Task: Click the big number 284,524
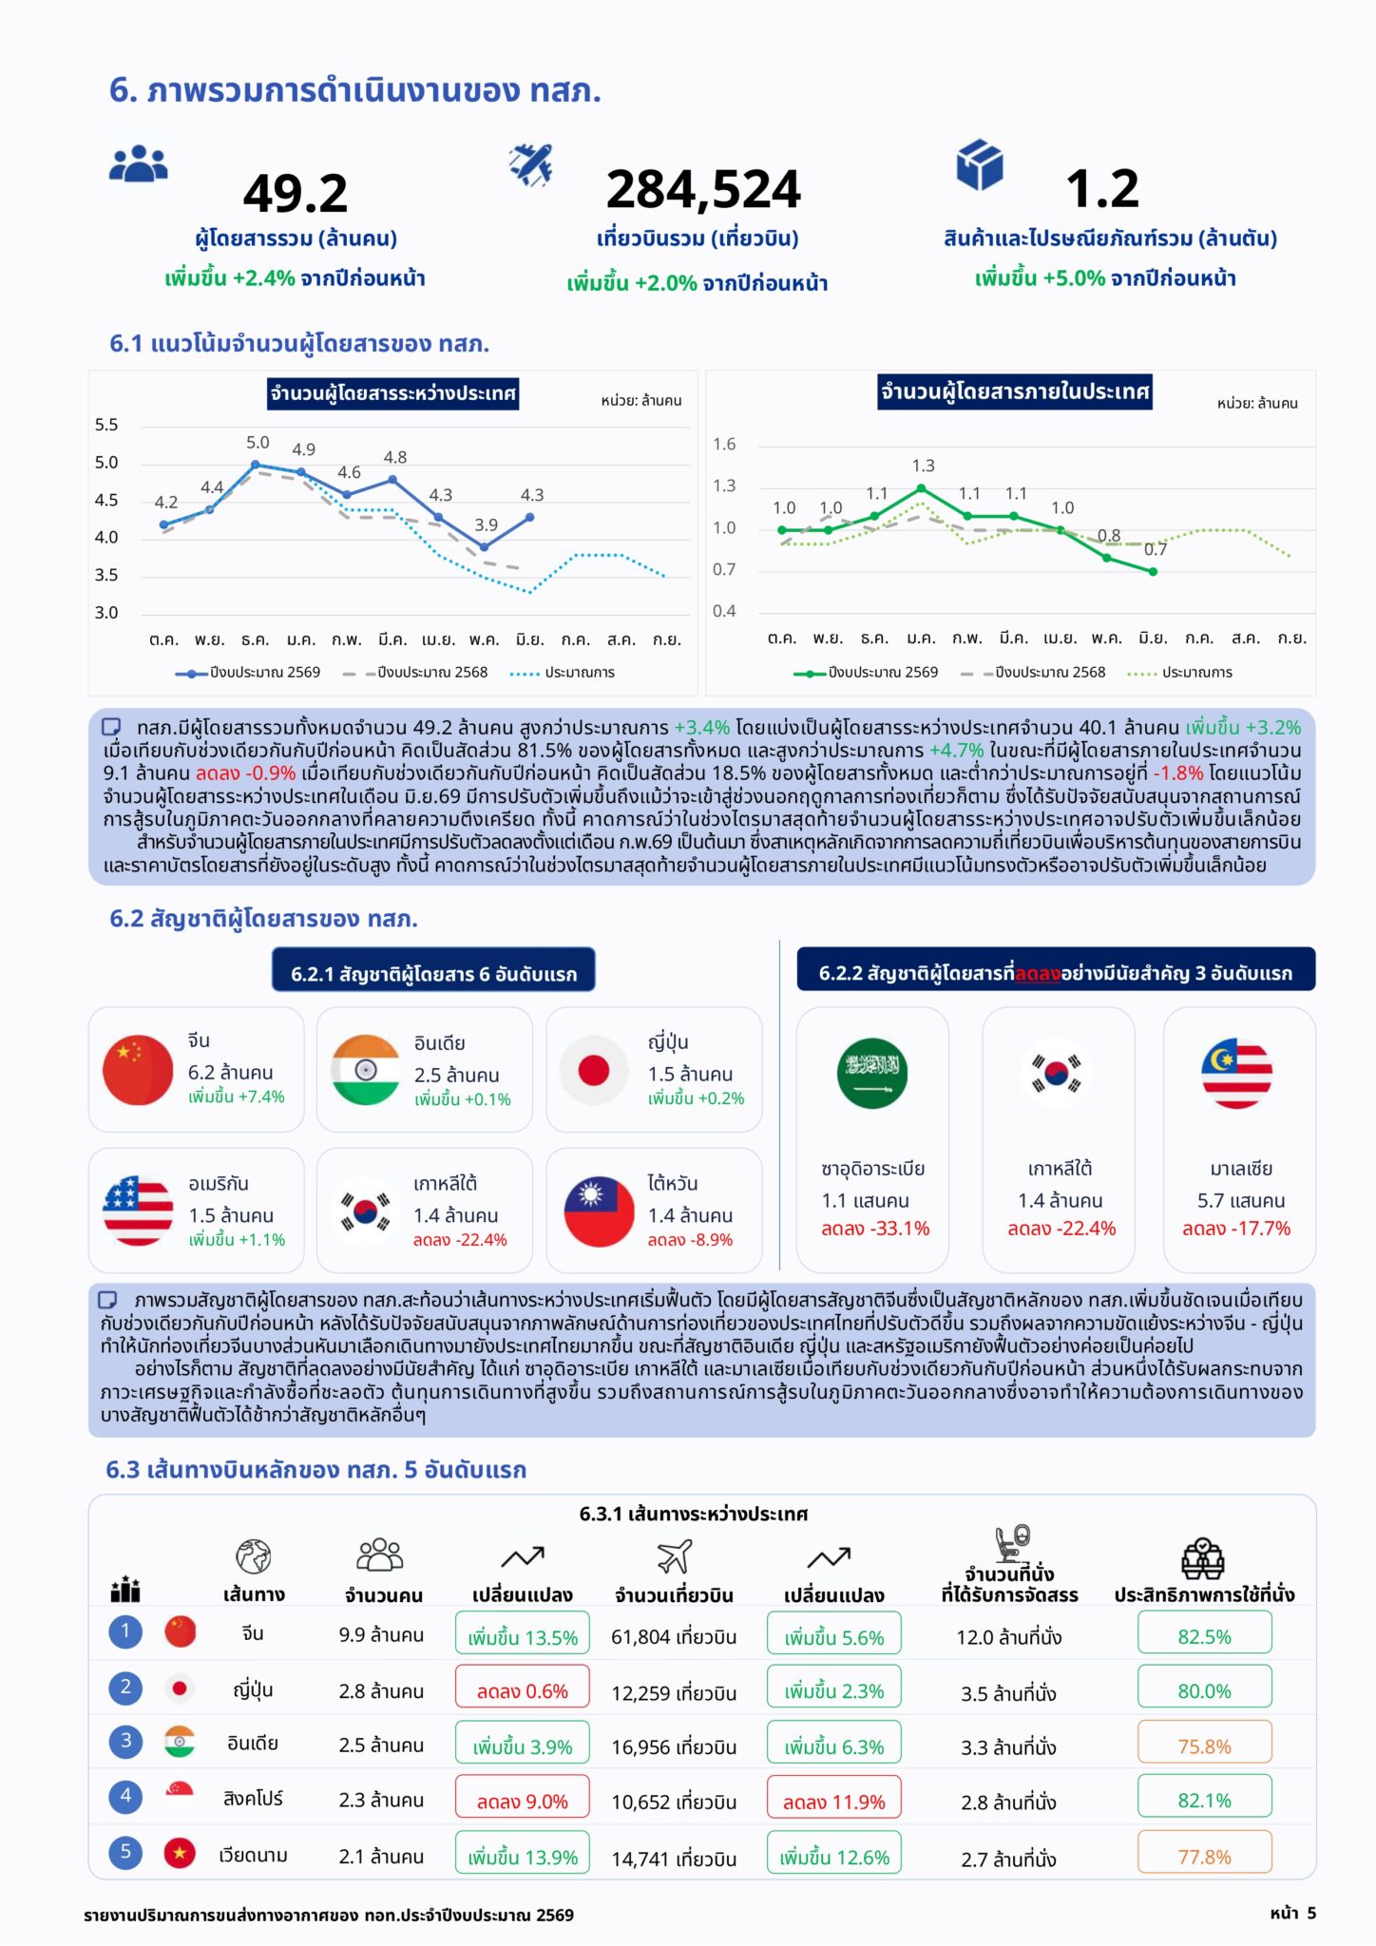703,189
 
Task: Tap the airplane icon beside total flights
531,164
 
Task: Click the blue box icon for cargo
980,164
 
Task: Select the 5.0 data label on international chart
258,443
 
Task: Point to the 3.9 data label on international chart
487,525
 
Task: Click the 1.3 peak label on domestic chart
924,466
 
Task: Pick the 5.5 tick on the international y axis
106,425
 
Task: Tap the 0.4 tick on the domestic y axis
724,611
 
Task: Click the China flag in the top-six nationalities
138,1070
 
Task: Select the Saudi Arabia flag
872,1074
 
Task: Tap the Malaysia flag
1237,1074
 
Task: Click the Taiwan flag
599,1211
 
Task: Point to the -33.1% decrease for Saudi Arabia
875,1229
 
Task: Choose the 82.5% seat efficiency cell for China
1204,1636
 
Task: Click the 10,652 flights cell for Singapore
674,1803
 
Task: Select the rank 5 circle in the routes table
125,1852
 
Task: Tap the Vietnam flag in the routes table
180,1853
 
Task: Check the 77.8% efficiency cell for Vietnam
1204,1857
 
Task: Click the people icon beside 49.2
139,164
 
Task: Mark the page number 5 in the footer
1311,1913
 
